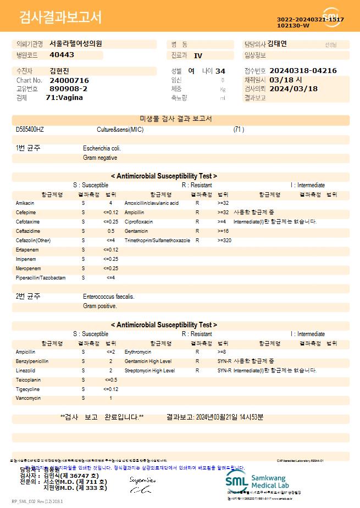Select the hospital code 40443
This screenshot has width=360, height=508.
click(62, 55)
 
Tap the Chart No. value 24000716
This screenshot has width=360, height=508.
click(69, 80)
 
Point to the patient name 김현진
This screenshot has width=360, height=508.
click(59, 71)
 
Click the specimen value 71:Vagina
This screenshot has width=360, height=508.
click(64, 97)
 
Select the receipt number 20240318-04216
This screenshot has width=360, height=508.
click(303, 71)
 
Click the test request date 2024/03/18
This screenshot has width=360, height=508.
click(293, 88)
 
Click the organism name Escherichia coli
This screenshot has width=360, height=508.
click(102, 148)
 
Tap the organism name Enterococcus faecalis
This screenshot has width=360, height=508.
click(108, 297)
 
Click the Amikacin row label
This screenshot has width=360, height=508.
click(25, 203)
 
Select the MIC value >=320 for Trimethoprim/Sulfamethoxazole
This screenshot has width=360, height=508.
click(224, 241)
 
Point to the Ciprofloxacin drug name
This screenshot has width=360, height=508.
click(139, 222)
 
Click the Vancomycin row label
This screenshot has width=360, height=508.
click(28, 398)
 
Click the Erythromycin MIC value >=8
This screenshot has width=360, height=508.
click(222, 352)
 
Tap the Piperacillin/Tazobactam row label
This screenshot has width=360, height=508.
click(41, 278)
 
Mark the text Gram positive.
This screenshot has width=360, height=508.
click(100, 306)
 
